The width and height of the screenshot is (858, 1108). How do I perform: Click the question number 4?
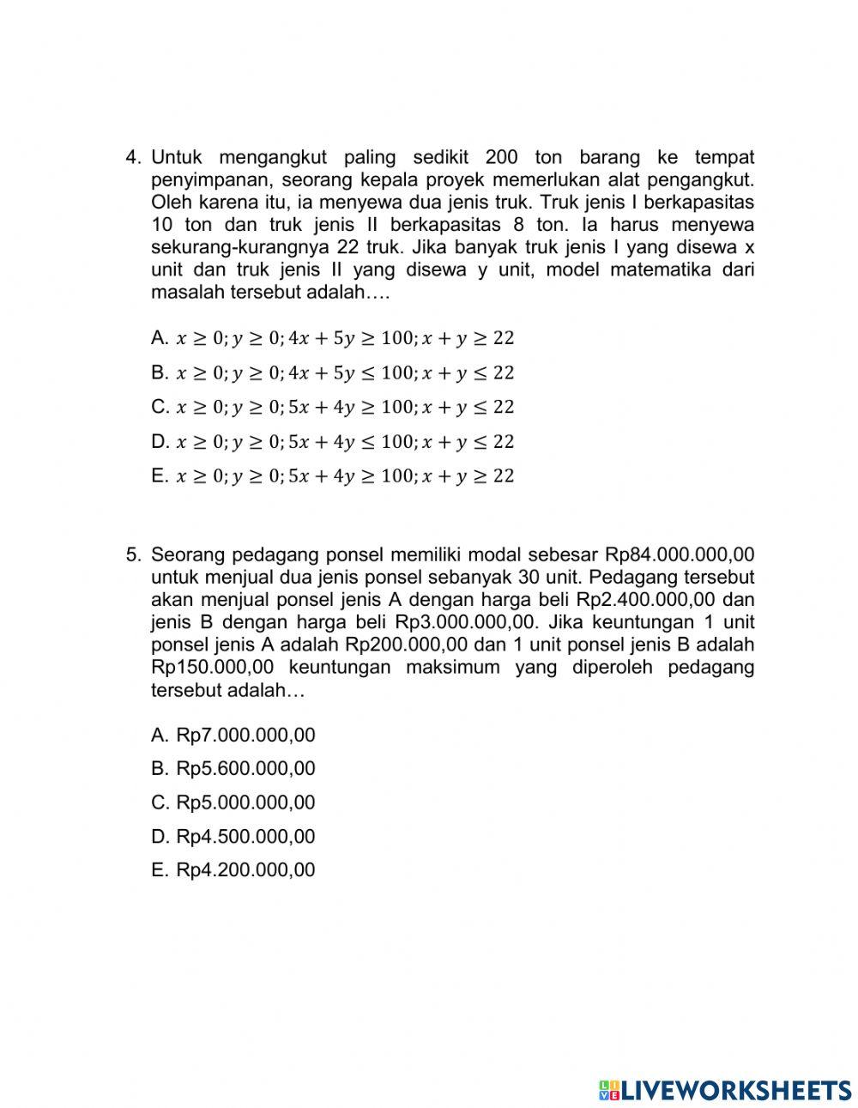pyautogui.click(x=132, y=158)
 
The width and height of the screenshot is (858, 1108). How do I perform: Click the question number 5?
pyautogui.click(x=132, y=554)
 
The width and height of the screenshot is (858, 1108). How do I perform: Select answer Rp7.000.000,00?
pyautogui.click(x=245, y=735)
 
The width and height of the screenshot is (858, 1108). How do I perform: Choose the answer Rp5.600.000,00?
pyautogui.click(x=245, y=768)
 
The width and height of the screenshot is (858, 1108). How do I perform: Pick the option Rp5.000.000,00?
pyautogui.click(x=245, y=802)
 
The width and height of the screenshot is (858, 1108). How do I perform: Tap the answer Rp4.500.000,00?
pyautogui.click(x=245, y=836)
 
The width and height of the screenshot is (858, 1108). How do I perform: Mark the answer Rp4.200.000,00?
pyautogui.click(x=245, y=869)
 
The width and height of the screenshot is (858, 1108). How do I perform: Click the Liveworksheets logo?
pyautogui.click(x=725, y=1089)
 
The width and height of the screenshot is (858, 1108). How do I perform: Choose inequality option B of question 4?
pyautogui.click(x=343, y=372)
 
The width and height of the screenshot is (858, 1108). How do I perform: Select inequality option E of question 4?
pyautogui.click(x=343, y=475)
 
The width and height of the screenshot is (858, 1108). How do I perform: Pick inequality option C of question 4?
pyautogui.click(x=343, y=407)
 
